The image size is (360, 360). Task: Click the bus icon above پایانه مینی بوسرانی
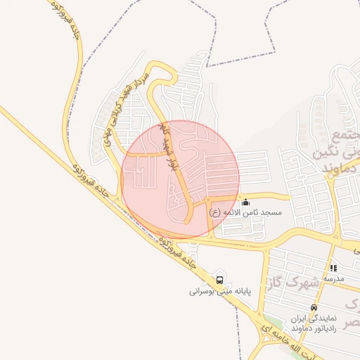click(x=220, y=280)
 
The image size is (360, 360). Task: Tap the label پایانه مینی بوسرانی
click(x=220, y=291)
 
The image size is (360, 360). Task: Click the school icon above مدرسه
click(x=333, y=268)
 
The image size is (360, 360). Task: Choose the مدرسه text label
click(x=333, y=279)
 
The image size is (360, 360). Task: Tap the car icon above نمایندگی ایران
click(x=314, y=307)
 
